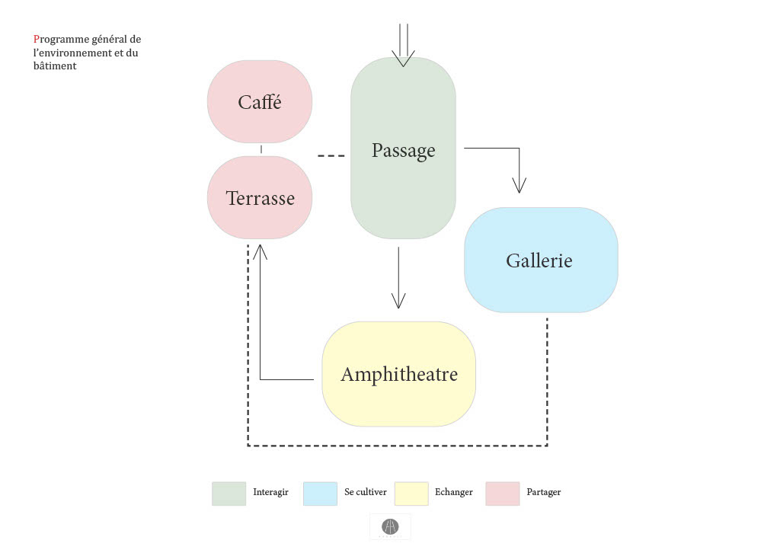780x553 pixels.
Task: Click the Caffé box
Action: coord(260,102)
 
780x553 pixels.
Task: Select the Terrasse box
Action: coord(260,198)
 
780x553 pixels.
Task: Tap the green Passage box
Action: coord(403,149)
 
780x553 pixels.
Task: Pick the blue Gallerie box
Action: coord(540,261)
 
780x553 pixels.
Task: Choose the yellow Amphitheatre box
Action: coord(398,374)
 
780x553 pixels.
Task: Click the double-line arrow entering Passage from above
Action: coord(403,43)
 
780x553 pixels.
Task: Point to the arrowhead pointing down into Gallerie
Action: coord(519,184)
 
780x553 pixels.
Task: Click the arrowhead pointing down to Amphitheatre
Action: coord(398,299)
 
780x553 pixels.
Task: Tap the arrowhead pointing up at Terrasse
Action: coord(260,252)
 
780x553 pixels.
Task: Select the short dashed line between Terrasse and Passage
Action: coord(331,156)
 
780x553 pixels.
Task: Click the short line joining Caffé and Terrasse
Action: coord(261,149)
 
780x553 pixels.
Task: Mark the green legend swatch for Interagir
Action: coord(229,493)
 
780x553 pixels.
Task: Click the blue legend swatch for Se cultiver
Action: coord(320,493)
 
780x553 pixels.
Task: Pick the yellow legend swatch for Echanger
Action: coord(411,493)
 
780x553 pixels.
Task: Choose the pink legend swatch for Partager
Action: coord(503,493)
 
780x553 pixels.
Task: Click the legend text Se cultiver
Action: coord(366,492)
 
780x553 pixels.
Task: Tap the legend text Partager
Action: coord(544,492)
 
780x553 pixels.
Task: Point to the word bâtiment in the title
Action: coord(55,66)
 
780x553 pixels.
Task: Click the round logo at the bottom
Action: coord(390,526)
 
